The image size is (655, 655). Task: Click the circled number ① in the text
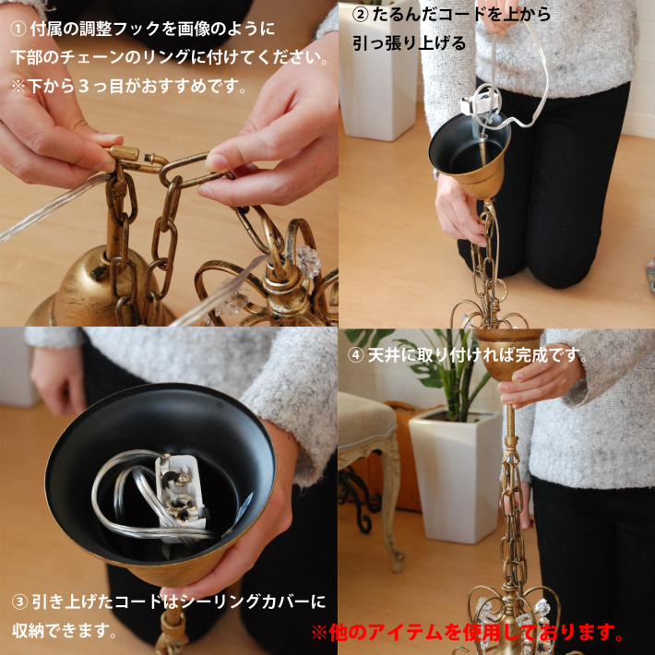point(18,30)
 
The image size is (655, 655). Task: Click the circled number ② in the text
point(360,15)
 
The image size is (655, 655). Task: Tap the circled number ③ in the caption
point(19,601)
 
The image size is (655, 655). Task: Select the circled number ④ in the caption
point(356,355)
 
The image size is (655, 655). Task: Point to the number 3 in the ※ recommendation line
point(84,86)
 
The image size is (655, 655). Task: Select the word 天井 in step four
point(384,355)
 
